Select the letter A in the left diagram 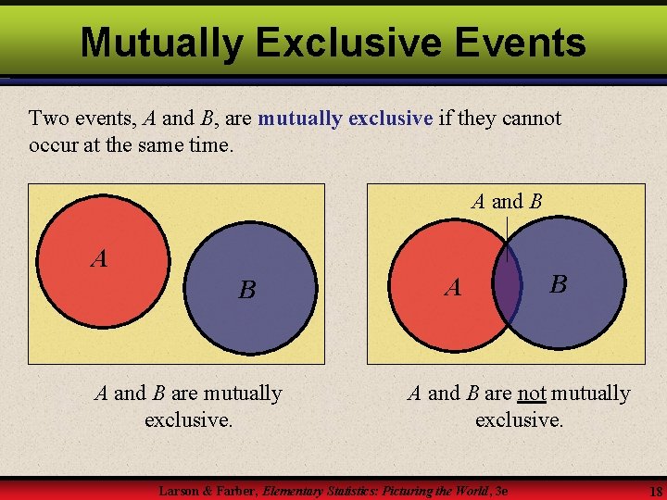pyautogui.click(x=99, y=259)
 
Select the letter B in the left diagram pyautogui.click(x=246, y=291)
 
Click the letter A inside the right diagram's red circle pyautogui.click(x=452, y=289)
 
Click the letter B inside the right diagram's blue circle pyautogui.click(x=558, y=284)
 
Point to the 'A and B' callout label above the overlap pyautogui.click(x=506, y=201)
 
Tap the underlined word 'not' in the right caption pyautogui.click(x=532, y=394)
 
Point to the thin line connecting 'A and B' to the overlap pyautogui.click(x=507, y=237)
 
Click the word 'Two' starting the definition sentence pyautogui.click(x=47, y=119)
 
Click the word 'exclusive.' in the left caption pyautogui.click(x=189, y=419)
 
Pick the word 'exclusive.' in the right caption pyautogui.click(x=519, y=419)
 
